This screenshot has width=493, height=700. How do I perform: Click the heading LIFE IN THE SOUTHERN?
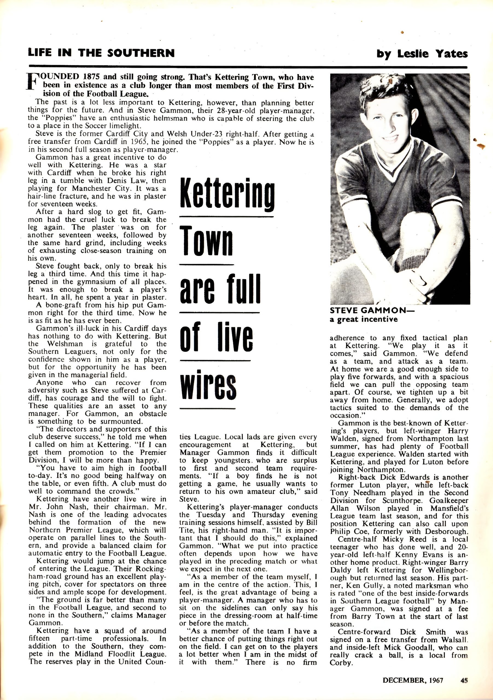click(101, 53)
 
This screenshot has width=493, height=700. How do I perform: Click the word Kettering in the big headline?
click(227, 194)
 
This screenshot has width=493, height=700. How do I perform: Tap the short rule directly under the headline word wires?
click(207, 408)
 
